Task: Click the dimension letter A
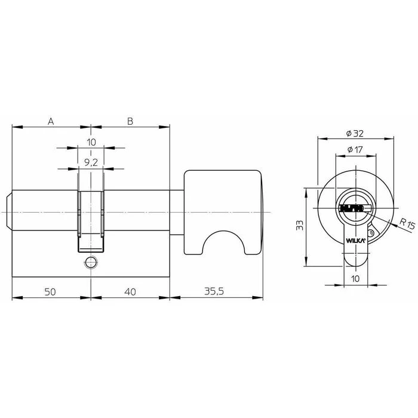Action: (51, 122)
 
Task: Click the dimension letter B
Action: (130, 121)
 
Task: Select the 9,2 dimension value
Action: (91, 162)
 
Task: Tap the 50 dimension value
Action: (50, 292)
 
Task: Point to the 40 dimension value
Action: (130, 292)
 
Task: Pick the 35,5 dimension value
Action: (214, 291)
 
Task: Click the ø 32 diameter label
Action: (355, 133)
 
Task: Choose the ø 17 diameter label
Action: (355, 149)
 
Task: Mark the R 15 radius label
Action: (408, 224)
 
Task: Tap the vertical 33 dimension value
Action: (300, 225)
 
